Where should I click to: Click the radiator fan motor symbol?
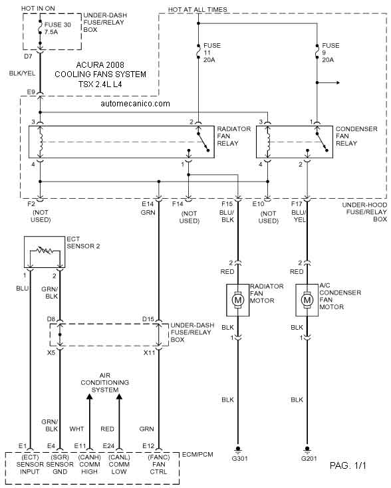tap(238, 300)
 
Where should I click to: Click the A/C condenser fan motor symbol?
tap(307, 300)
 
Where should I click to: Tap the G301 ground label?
tap(239, 459)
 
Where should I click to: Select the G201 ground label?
tap(309, 459)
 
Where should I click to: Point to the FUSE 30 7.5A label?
tap(58, 29)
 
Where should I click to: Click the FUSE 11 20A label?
tap(212, 53)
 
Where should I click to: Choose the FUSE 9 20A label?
tap(330, 53)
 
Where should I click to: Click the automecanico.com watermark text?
tap(136, 104)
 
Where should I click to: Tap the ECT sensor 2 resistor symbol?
tap(45, 250)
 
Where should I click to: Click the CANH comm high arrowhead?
tap(89, 396)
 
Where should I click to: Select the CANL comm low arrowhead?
tap(119, 396)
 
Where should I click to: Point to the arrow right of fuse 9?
tap(328, 83)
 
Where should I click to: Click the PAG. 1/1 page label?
tap(348, 465)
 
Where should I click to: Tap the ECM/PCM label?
tap(197, 454)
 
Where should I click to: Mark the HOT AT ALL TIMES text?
tap(197, 10)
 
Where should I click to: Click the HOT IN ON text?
tap(38, 9)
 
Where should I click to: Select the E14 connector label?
tap(148, 204)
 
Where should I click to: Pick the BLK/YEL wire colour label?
tap(22, 73)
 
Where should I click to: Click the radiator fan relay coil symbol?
tap(41, 142)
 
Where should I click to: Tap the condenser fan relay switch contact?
tap(322, 142)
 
